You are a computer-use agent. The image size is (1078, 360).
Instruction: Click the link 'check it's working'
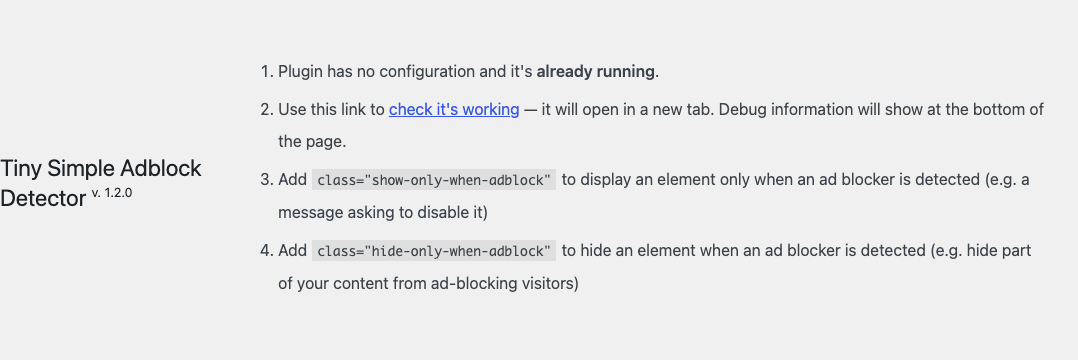(x=454, y=109)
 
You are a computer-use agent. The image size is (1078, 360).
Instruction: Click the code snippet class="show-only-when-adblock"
(x=434, y=180)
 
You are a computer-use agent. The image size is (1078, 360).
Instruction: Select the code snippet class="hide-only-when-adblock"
(x=434, y=251)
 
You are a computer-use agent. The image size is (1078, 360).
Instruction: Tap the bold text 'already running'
(x=595, y=71)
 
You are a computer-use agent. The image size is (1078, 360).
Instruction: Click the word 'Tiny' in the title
(x=21, y=168)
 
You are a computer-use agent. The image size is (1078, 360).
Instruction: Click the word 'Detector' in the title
(x=43, y=199)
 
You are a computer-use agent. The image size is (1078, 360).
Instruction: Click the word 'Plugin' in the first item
(x=300, y=72)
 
